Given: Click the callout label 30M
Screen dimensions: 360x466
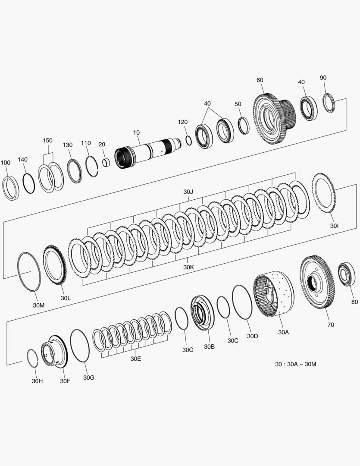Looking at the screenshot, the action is tap(39, 305).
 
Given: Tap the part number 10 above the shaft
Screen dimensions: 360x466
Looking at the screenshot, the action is tap(136, 132).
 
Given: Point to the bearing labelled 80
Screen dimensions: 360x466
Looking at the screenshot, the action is tap(347, 274).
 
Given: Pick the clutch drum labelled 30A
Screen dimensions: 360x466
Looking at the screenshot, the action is tap(274, 294).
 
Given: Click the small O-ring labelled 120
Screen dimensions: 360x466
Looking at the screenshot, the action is tap(188, 140).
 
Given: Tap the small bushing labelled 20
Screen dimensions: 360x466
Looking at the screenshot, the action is tap(106, 163).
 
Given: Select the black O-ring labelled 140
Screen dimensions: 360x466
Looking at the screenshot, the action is tap(28, 183).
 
